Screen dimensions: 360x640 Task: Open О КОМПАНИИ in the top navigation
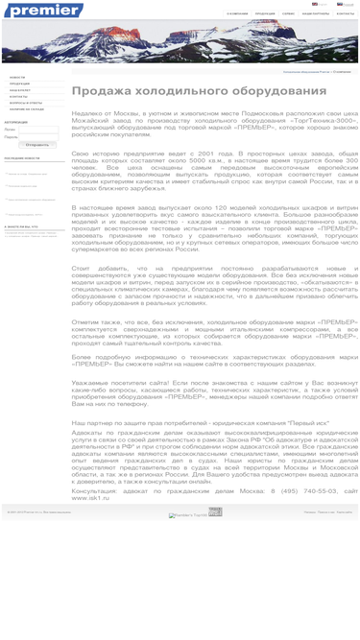click(237, 14)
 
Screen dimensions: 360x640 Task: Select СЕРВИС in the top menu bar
click(288, 14)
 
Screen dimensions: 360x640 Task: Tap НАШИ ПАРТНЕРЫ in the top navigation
click(316, 14)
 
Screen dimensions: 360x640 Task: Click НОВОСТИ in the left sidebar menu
click(18, 77)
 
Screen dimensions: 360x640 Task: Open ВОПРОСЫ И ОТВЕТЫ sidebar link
click(26, 103)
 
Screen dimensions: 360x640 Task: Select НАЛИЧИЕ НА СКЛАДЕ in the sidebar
click(27, 109)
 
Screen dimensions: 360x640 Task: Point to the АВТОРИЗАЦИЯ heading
click(16, 122)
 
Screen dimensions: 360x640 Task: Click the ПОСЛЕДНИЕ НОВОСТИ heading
click(22, 158)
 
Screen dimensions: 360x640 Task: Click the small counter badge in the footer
click(215, 511)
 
